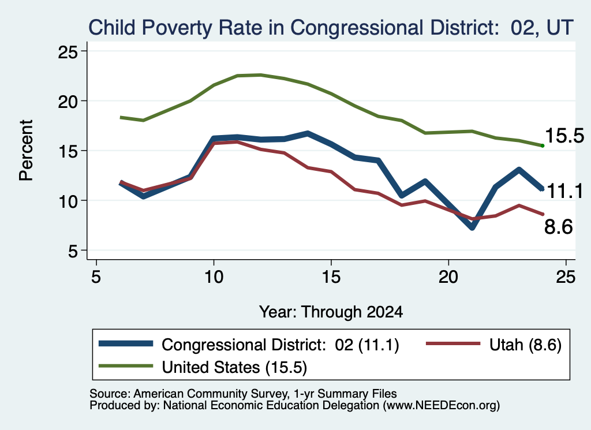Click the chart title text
[x=331, y=28]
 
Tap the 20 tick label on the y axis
[x=68, y=102]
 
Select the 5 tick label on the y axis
[x=73, y=251]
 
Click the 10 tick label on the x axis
[x=214, y=277]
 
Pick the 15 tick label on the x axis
[x=331, y=277]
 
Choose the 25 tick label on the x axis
[x=566, y=277]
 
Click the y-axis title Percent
[x=26, y=151]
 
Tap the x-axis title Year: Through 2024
[x=331, y=312]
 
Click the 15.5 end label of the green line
[x=564, y=136]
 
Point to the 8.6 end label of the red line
[x=559, y=227]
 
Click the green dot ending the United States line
[x=543, y=145]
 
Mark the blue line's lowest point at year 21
[x=472, y=227]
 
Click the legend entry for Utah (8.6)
[x=494, y=345]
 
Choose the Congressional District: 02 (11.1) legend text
[x=280, y=345]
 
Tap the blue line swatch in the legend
[x=126, y=343]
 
